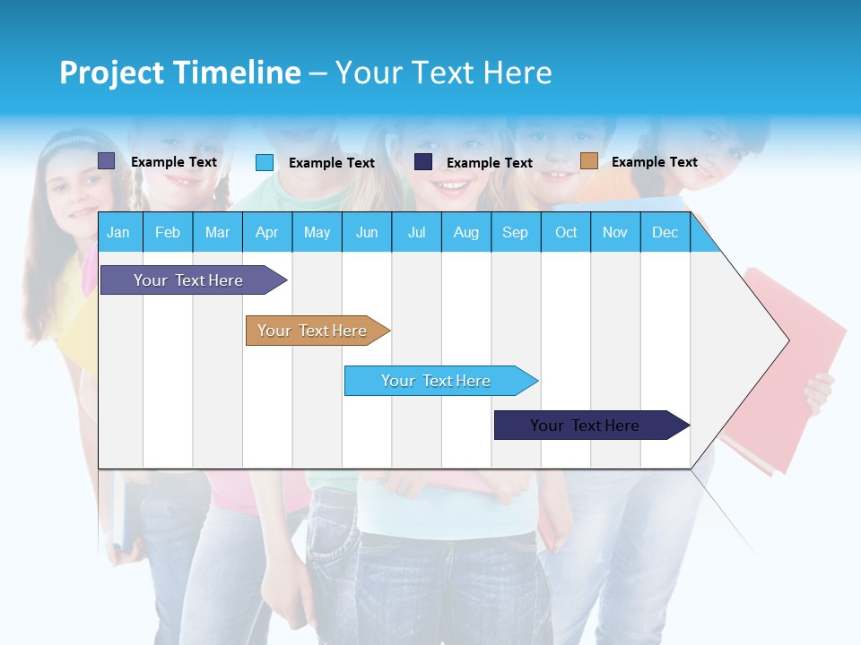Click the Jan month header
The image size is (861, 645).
tap(118, 233)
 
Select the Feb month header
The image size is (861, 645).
tap(168, 233)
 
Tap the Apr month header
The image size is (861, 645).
tap(267, 233)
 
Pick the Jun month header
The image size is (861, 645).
tap(367, 233)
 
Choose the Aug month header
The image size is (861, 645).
tap(466, 233)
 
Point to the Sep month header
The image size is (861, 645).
tap(516, 233)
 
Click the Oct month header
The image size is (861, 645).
tap(566, 233)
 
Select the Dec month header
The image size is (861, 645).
tap(665, 233)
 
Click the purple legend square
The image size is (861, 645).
tap(107, 161)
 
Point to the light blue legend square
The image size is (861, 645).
tap(265, 162)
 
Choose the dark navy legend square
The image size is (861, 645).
tap(423, 162)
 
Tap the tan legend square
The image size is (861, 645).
tap(589, 161)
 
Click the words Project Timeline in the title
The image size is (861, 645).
tap(180, 73)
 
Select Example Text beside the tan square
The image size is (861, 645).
tap(655, 162)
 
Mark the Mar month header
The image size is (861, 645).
tap(218, 233)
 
